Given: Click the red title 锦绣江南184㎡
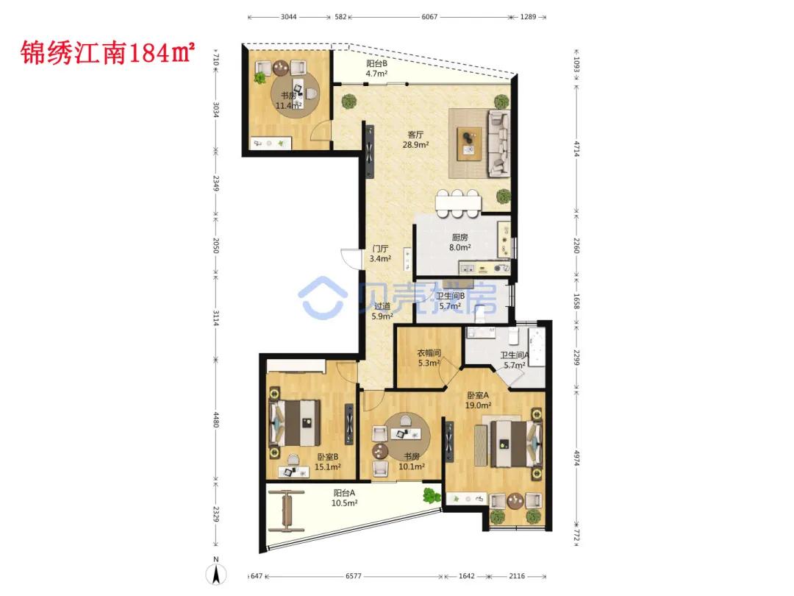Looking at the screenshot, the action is (108, 53).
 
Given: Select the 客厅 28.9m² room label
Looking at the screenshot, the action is (415, 139).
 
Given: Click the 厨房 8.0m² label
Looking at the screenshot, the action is (459, 242).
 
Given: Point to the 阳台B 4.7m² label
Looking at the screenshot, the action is (376, 68).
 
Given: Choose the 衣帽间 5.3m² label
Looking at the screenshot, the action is (429, 358).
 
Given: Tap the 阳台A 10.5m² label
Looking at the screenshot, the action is (344, 497).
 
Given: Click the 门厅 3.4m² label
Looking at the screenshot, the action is (380, 253).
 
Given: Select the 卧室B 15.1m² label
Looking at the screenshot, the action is (328, 461).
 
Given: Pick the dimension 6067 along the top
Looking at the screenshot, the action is (429, 17).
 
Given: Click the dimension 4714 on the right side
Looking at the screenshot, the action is (577, 149).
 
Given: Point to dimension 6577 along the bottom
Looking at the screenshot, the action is (354, 576).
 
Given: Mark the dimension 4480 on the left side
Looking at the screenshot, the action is (215, 419).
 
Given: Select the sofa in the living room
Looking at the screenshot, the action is (498, 143).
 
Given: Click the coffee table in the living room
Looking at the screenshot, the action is (469, 144).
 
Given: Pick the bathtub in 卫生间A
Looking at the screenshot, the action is (537, 347).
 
